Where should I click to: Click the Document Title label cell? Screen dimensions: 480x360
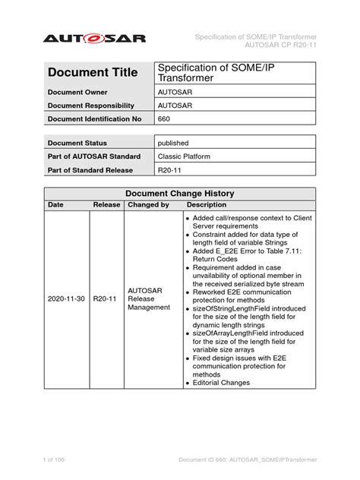click(x=92, y=73)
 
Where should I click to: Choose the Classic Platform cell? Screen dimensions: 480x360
click(x=185, y=156)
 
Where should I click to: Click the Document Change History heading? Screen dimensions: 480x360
click(x=179, y=193)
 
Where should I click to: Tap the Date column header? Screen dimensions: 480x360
click(x=56, y=205)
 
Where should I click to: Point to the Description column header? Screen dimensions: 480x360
click(x=207, y=205)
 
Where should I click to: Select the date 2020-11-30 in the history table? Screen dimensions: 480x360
click(x=66, y=299)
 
